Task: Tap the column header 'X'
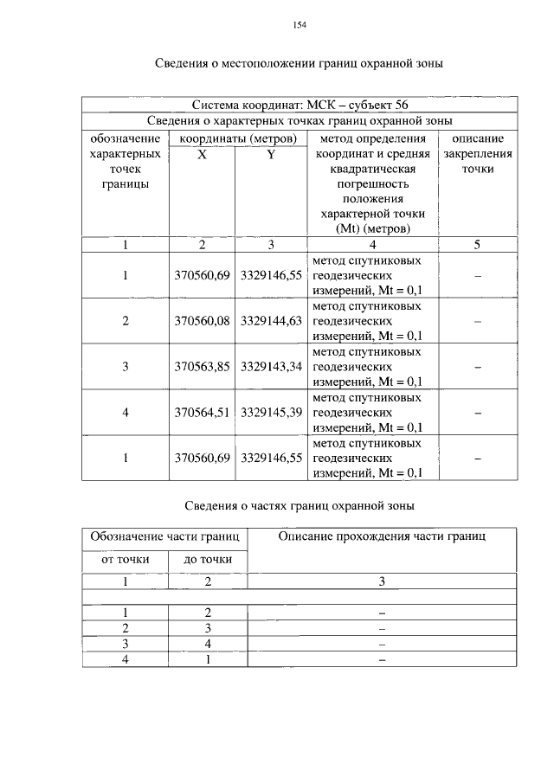pyautogui.click(x=201, y=154)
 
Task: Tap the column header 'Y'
pyautogui.click(x=271, y=154)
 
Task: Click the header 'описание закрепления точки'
pyautogui.click(x=477, y=153)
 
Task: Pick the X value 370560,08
pyautogui.click(x=201, y=320)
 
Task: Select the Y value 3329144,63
pyautogui.click(x=271, y=320)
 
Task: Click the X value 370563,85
pyautogui.click(x=201, y=367)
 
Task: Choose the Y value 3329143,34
pyautogui.click(x=271, y=367)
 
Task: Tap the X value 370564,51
pyautogui.click(x=201, y=413)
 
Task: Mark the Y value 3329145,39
pyautogui.click(x=271, y=413)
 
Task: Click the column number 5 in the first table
pyautogui.click(x=477, y=244)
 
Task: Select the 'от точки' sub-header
pyautogui.click(x=125, y=560)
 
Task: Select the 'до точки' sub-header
pyautogui.click(x=208, y=560)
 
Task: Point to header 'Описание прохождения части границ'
pyautogui.click(x=382, y=536)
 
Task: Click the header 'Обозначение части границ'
pyautogui.click(x=165, y=536)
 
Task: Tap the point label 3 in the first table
pyautogui.click(x=125, y=367)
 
